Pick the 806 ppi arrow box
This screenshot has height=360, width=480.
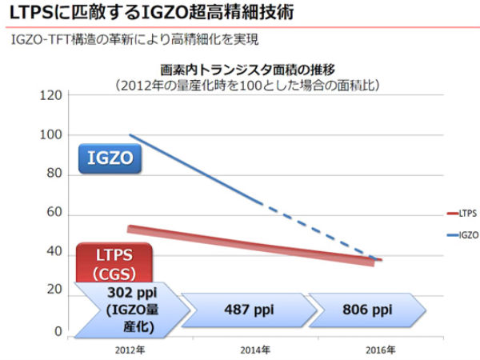click(x=367, y=308)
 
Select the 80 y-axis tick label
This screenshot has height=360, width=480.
click(x=54, y=174)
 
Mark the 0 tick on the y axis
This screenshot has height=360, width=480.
click(x=57, y=332)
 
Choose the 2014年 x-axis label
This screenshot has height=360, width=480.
click(x=255, y=350)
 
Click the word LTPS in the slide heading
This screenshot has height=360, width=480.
click(x=31, y=13)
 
